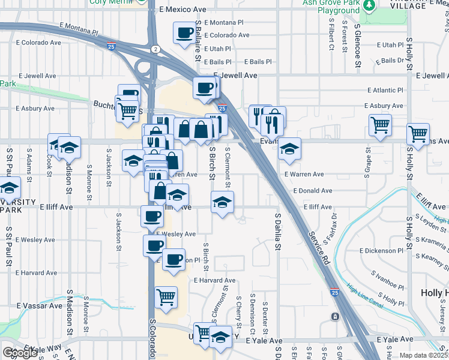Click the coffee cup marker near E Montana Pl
point(184,32)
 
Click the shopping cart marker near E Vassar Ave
point(166,296)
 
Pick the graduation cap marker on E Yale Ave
point(220,337)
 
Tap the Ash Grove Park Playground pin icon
point(369,5)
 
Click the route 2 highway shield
point(155,49)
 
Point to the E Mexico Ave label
point(183,10)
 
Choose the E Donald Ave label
point(313,191)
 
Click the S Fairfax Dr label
point(328,228)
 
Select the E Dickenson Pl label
point(381,251)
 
